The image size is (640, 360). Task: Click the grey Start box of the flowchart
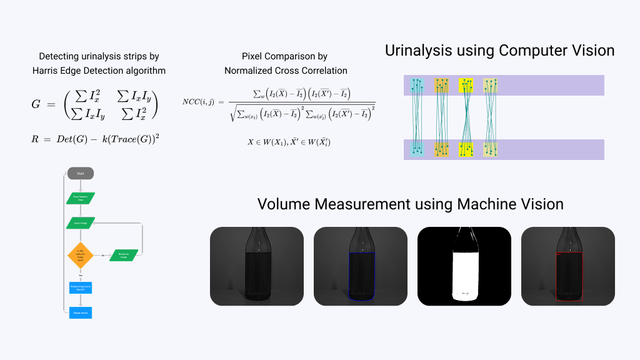point(81,172)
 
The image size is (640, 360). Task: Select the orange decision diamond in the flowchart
point(80,255)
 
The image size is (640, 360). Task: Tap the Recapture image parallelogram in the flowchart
point(124,255)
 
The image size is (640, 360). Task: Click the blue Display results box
point(81,312)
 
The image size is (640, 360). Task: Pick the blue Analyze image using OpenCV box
point(81,287)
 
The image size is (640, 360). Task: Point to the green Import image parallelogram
point(81,222)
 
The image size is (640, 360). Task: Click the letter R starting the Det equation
point(36,138)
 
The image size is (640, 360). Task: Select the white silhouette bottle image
point(464,266)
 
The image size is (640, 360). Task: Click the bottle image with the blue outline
point(360,266)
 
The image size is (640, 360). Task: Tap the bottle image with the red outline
point(567,266)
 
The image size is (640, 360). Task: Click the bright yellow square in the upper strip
point(466,86)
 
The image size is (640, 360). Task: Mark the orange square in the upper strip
point(442,86)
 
